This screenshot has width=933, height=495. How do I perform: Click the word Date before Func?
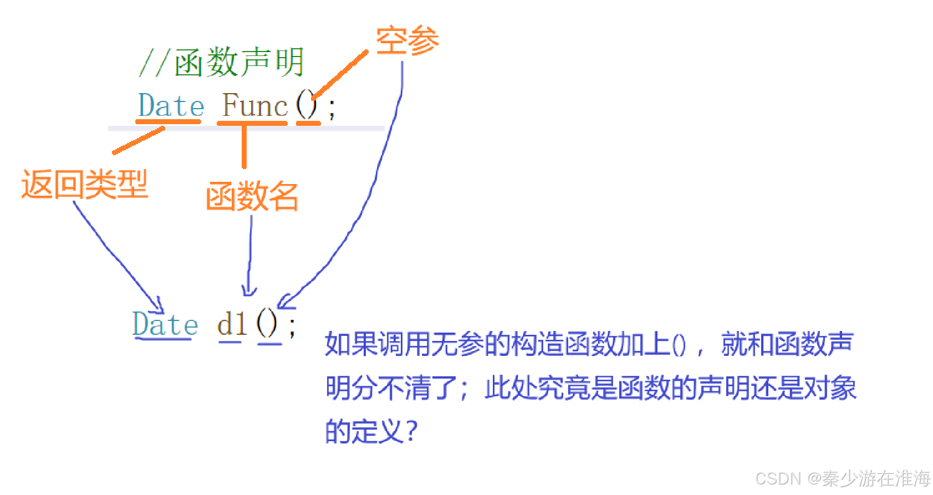[x=171, y=105]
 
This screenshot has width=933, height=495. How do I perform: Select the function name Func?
[x=254, y=105]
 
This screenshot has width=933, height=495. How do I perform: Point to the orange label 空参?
[x=407, y=40]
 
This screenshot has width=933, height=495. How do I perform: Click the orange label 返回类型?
[x=85, y=184]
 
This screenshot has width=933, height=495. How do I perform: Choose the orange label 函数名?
[x=252, y=196]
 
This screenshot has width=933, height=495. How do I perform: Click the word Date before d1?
[x=165, y=324]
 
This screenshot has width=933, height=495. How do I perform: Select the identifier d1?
[x=232, y=324]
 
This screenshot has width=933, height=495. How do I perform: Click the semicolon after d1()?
[x=292, y=326]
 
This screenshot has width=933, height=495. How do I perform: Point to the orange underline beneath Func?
[x=252, y=123]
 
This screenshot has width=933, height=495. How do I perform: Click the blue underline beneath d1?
[x=230, y=342]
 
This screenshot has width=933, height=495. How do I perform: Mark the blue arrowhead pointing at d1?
[x=249, y=292]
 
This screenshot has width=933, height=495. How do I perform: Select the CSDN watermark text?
[x=843, y=478]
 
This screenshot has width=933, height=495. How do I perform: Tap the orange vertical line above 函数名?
[x=244, y=146]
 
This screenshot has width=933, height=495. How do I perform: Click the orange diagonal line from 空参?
[x=340, y=75]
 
